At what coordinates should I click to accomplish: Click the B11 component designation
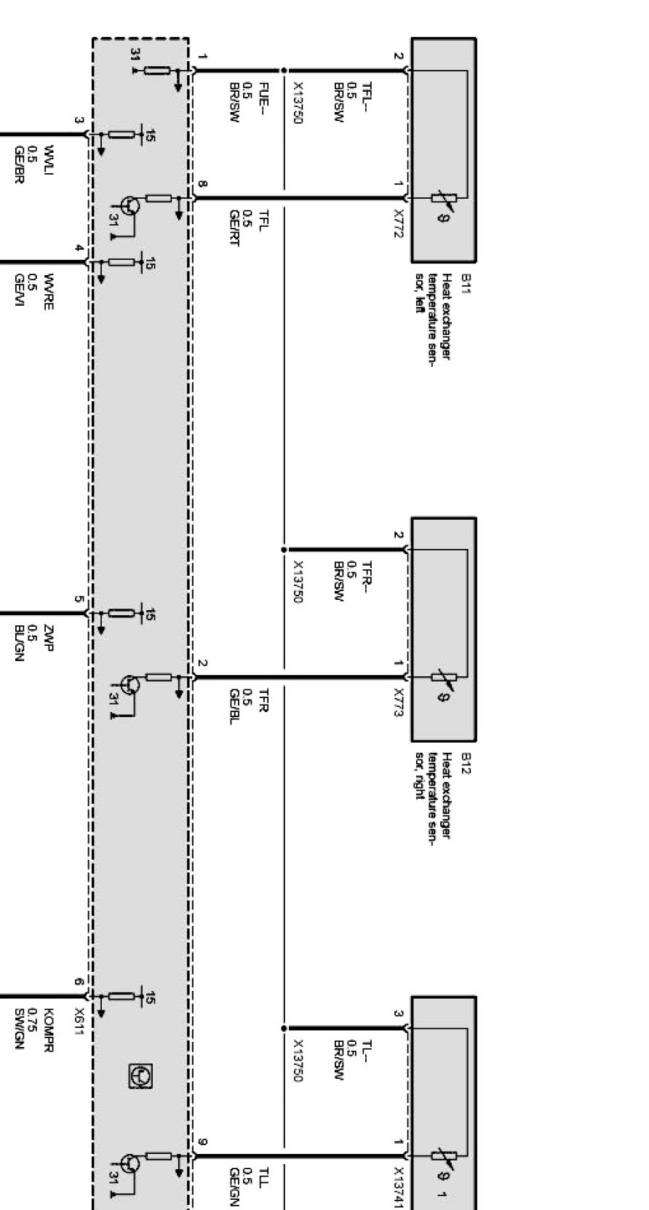[466, 282]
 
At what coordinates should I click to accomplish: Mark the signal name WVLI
[48, 161]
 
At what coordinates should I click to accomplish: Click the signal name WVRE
[48, 290]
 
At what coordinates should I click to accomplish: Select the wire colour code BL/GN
[20, 643]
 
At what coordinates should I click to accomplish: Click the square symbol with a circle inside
[140, 1075]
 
